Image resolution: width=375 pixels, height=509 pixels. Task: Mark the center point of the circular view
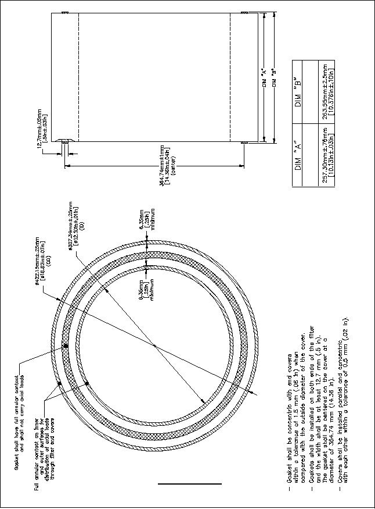(154, 347)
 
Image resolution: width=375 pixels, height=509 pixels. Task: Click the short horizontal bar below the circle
(189, 483)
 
